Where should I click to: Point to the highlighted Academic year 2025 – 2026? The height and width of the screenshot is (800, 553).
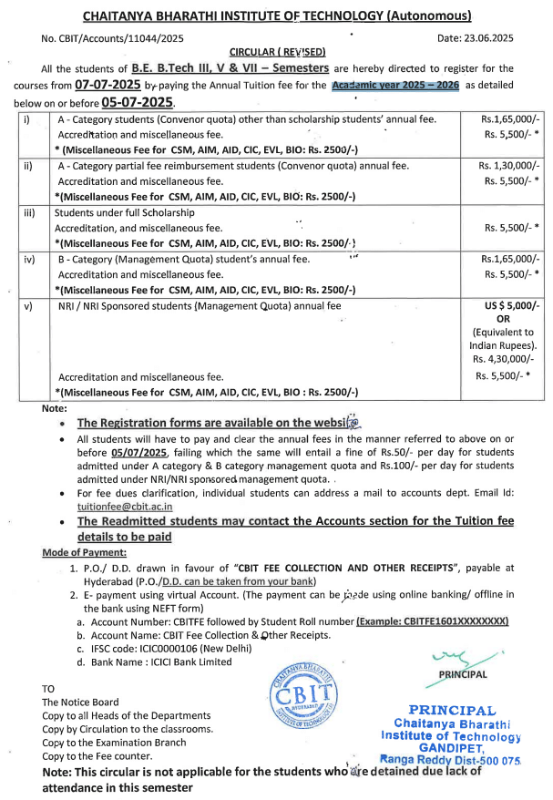click(x=394, y=84)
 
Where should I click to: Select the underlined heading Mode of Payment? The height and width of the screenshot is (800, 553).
click(x=84, y=553)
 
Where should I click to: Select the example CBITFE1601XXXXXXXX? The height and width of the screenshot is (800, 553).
click(x=432, y=621)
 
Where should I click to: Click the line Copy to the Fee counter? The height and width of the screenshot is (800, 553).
click(x=97, y=755)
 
